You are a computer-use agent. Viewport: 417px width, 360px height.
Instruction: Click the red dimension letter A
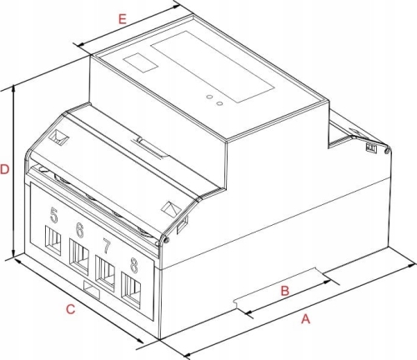[305, 319]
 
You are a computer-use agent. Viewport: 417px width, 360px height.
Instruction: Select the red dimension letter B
[285, 291]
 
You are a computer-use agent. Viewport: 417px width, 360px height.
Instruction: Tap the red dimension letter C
[71, 309]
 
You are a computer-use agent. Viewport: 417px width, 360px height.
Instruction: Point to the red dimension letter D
[5, 169]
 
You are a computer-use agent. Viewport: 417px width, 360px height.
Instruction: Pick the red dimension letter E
[123, 19]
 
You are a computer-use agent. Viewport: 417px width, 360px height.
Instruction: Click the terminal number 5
[54, 215]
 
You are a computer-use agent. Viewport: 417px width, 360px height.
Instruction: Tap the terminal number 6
[79, 230]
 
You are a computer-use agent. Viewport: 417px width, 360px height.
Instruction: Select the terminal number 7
[107, 246]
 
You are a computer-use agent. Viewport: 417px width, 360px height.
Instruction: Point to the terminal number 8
[134, 265]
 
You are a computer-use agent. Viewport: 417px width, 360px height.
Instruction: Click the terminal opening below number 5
[53, 240]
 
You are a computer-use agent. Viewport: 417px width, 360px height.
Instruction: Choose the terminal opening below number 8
[131, 290]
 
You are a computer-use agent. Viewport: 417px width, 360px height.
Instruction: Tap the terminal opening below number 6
[79, 257]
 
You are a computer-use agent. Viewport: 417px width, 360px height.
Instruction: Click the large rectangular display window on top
[213, 67]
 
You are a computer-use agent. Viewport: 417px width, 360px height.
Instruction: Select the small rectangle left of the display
[141, 62]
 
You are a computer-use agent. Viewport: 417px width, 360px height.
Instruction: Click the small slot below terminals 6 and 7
[92, 290]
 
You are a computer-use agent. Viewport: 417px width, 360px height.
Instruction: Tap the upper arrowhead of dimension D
[13, 89]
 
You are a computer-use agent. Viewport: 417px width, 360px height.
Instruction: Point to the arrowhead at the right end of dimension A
[413, 266]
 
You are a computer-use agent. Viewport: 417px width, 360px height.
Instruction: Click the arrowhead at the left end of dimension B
[249, 312]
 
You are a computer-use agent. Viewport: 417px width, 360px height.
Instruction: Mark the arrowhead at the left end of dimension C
[18, 262]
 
